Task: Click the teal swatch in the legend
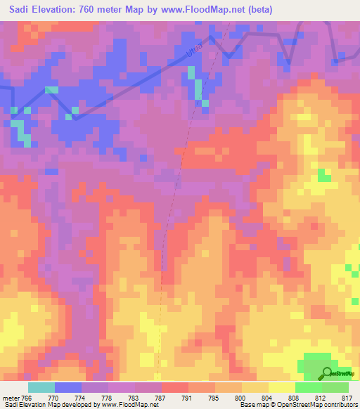tap(41, 387)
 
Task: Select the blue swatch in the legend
tap(68, 387)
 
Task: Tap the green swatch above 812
tap(308, 387)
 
